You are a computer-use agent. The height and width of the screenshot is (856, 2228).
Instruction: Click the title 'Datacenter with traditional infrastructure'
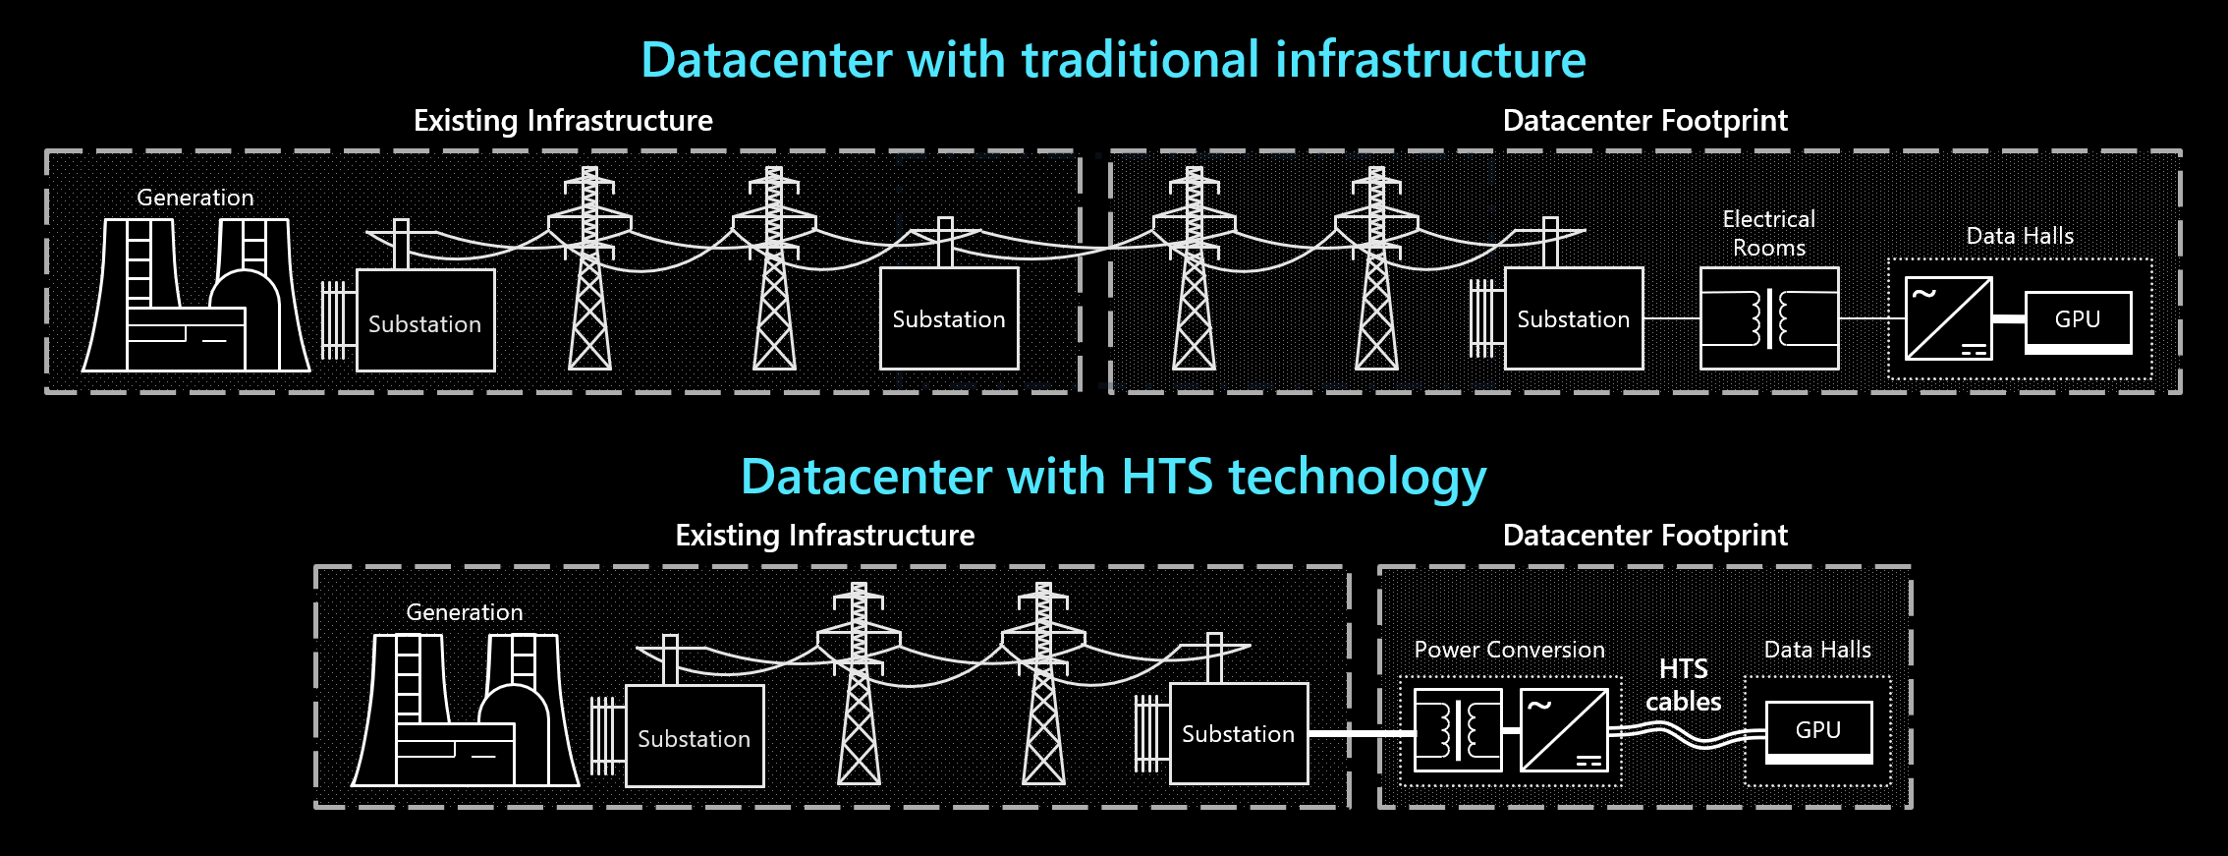(x=1113, y=60)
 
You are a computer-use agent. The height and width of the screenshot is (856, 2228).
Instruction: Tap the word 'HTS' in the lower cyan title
(x=1167, y=477)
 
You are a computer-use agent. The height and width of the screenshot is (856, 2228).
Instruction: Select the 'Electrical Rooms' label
(x=1769, y=233)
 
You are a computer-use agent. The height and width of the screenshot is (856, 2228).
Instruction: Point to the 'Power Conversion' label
(x=1510, y=650)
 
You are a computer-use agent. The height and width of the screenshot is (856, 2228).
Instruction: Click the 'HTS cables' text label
(x=1684, y=685)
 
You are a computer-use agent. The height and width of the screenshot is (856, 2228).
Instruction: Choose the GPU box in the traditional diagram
(x=2079, y=322)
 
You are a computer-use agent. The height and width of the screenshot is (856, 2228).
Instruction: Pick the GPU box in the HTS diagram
(x=1819, y=732)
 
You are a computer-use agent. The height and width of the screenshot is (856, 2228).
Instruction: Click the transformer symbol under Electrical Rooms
(x=1769, y=318)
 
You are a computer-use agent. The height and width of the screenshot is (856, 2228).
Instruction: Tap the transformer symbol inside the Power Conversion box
(x=1458, y=730)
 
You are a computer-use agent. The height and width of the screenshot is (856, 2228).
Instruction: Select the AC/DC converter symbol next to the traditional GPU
(x=1949, y=318)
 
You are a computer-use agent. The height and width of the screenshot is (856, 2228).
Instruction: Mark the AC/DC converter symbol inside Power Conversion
(x=1564, y=730)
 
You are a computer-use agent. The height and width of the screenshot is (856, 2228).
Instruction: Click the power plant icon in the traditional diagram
(x=196, y=295)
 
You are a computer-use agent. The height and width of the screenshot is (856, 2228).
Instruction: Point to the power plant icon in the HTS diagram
(x=466, y=710)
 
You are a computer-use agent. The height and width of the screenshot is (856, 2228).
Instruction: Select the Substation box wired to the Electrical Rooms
(x=1574, y=318)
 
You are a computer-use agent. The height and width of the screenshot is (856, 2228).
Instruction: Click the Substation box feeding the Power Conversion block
(x=1239, y=733)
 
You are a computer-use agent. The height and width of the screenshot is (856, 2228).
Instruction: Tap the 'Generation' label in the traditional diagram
(x=195, y=198)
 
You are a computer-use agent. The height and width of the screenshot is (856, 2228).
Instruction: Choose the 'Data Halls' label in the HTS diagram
(x=1817, y=650)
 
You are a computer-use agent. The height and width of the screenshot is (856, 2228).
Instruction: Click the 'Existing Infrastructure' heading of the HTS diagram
(x=825, y=536)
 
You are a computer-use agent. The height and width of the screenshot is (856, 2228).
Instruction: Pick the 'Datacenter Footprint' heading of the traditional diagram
(x=1645, y=121)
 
